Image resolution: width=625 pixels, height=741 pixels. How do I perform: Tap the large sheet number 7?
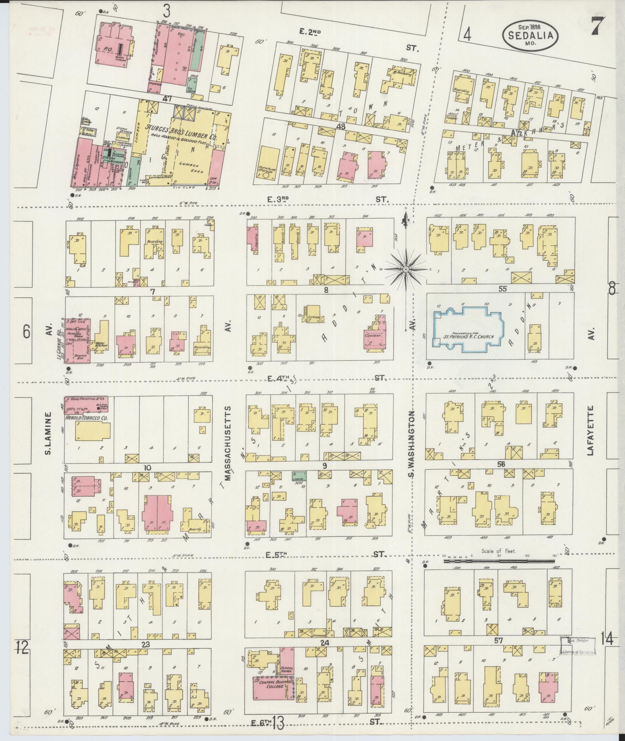tap(600, 27)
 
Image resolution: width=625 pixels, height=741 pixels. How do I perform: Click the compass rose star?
tap(405, 269)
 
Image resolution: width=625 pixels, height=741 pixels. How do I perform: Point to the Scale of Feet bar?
tap(500, 560)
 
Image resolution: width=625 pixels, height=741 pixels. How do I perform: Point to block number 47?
tap(167, 99)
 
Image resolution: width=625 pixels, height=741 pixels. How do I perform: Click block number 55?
tap(503, 289)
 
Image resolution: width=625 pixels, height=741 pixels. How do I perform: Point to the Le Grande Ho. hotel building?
tap(77, 340)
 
